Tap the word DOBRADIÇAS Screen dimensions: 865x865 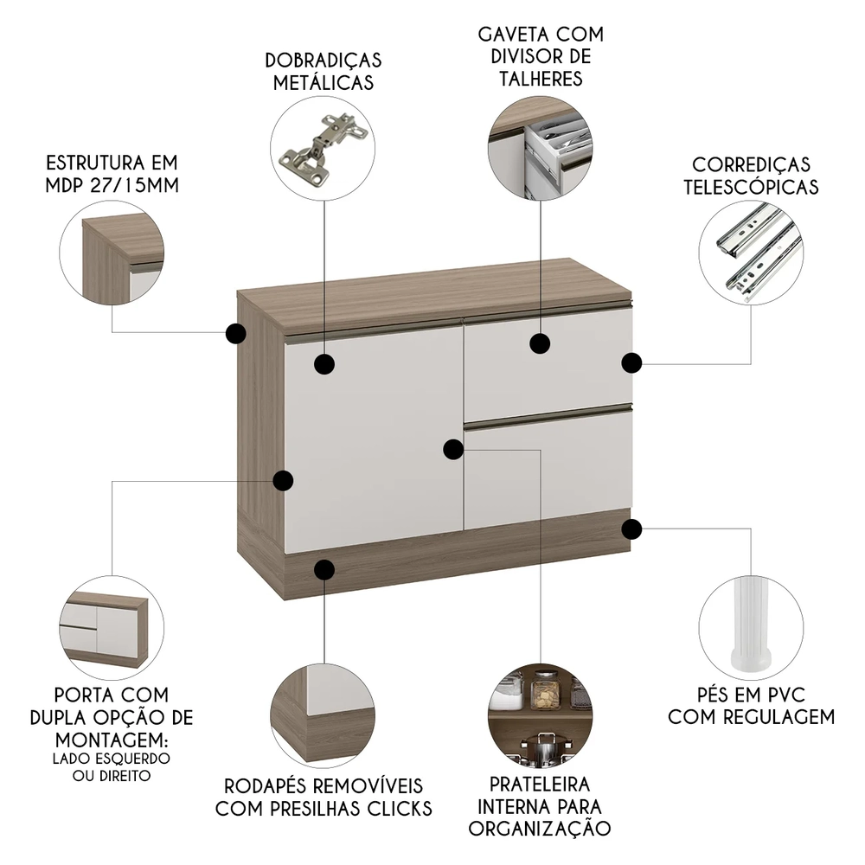(324, 61)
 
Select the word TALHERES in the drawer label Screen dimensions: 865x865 (541, 79)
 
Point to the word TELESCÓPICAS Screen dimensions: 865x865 (751, 186)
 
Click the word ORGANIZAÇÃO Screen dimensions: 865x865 (541, 828)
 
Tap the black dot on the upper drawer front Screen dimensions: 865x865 (541, 344)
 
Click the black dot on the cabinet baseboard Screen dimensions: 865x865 (324, 569)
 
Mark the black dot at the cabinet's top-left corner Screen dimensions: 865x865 (234, 333)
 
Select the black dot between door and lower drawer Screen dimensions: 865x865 (452, 449)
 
